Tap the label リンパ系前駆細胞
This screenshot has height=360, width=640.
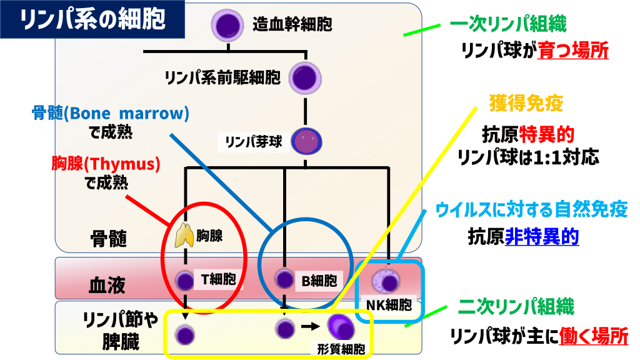(x=222, y=77)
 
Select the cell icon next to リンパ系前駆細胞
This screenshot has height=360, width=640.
(x=305, y=77)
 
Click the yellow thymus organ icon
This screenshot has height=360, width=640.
(x=184, y=235)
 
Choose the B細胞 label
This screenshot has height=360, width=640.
(x=319, y=281)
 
